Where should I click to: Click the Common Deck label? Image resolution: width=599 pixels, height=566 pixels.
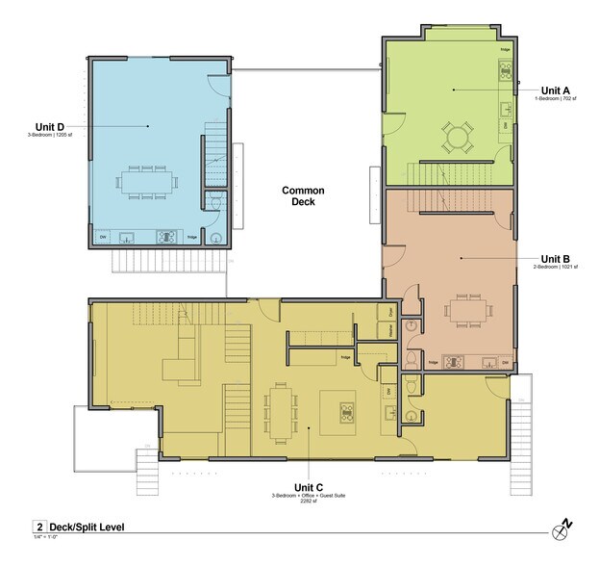[x=303, y=196]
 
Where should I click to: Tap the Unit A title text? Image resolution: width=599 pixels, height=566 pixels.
[x=555, y=90]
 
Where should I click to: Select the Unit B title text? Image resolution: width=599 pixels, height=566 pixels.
[x=556, y=258]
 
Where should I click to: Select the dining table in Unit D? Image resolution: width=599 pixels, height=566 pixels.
[x=147, y=180]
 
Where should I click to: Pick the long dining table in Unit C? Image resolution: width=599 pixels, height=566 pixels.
[x=280, y=410]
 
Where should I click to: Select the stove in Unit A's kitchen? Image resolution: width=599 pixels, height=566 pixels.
[x=505, y=69]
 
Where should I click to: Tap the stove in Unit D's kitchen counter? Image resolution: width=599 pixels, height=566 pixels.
[x=165, y=236]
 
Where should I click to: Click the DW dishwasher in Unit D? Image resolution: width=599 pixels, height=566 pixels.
[x=103, y=237]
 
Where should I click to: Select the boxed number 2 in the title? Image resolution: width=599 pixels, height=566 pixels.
[x=39, y=527]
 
